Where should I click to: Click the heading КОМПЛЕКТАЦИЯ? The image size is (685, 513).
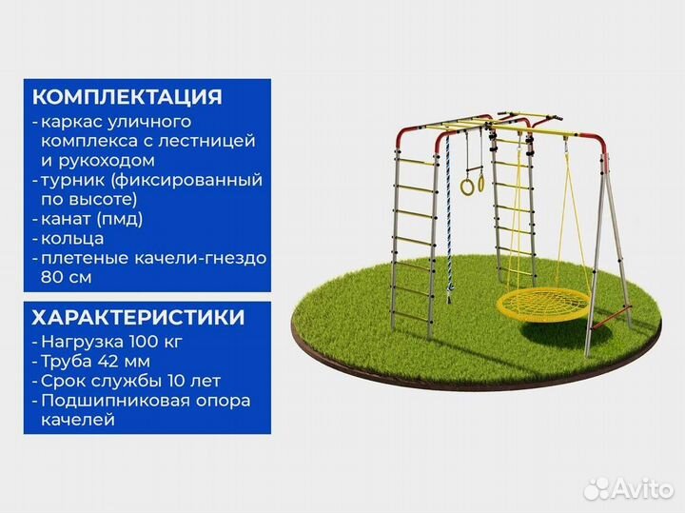(127, 97)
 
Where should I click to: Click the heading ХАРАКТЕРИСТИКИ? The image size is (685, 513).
(138, 317)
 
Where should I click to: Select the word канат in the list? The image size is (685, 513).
(68, 219)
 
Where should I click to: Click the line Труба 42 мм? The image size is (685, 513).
(95, 361)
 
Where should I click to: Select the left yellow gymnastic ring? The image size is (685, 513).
(467, 186)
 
